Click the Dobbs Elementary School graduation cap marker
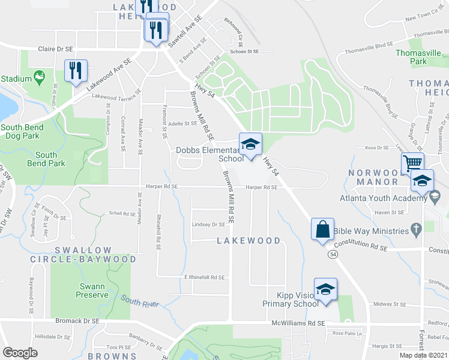(x=251, y=144)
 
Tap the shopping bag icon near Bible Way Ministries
(x=322, y=229)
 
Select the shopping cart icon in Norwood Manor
(x=413, y=163)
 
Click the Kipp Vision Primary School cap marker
(x=325, y=289)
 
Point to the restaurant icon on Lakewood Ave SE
(x=76, y=71)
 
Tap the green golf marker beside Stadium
(x=40, y=76)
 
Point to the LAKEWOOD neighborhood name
(x=248, y=241)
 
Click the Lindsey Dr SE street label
(x=208, y=224)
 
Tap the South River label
(x=140, y=300)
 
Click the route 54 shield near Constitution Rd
(x=332, y=254)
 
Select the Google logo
(x=20, y=353)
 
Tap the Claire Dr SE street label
(x=58, y=49)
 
